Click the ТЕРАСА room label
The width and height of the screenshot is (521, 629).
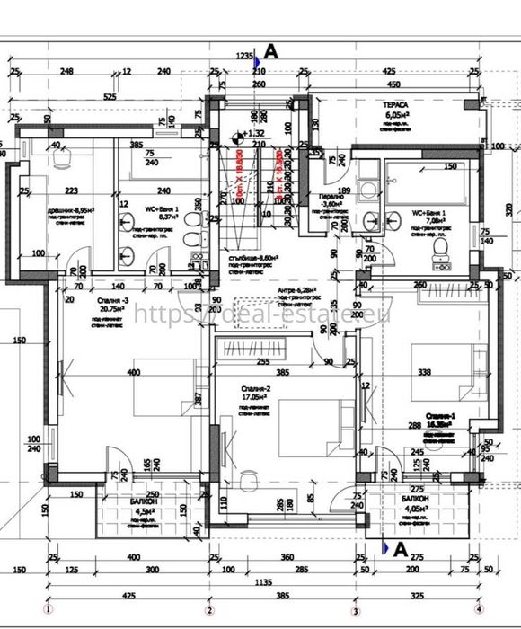pyautogui.click(x=395, y=104)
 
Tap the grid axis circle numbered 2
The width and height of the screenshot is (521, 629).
pyautogui.click(x=210, y=609)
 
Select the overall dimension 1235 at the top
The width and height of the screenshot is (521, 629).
pyautogui.click(x=245, y=56)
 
